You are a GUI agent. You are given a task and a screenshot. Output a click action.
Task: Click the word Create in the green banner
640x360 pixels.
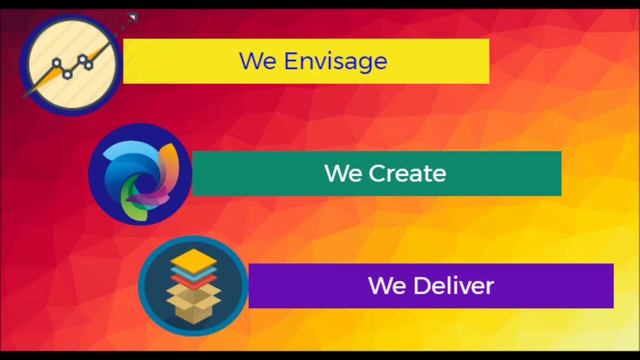[x=407, y=173]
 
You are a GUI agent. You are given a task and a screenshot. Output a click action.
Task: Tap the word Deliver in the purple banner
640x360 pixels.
[x=453, y=285]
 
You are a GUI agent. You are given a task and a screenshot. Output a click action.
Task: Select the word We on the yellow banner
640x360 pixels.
[x=257, y=61]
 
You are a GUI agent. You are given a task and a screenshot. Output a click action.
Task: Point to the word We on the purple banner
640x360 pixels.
[x=386, y=285]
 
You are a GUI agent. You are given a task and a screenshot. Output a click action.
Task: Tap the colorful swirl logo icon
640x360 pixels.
[x=140, y=174]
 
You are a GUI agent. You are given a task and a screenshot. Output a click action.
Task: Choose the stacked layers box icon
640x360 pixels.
[x=193, y=286]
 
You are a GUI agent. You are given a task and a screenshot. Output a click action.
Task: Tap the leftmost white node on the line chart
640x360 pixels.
[x=56, y=63]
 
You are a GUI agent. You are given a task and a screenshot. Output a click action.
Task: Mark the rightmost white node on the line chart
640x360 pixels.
[x=88, y=64]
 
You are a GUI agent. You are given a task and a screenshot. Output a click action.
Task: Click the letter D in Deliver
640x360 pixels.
[x=421, y=285]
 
